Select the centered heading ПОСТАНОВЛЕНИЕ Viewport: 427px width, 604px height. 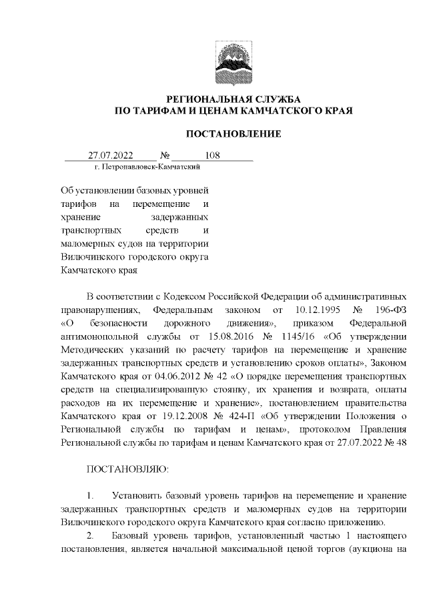pyautogui.click(x=233, y=133)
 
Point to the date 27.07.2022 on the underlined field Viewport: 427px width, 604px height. pyautogui.click(x=111, y=156)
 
